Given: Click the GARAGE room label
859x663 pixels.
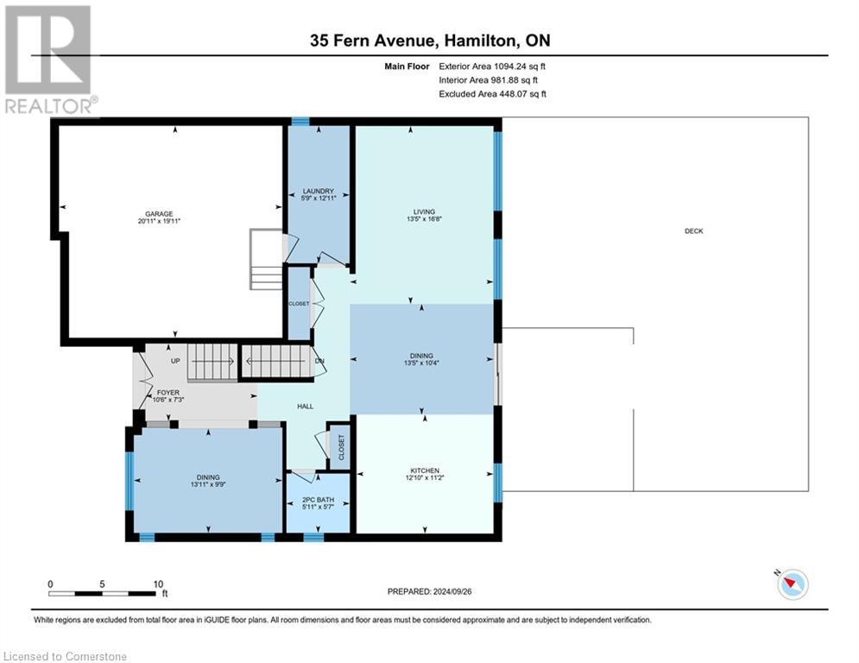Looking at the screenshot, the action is point(159,214).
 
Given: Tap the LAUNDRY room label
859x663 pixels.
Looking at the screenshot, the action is point(319,192).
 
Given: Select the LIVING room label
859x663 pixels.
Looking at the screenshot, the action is point(424,212).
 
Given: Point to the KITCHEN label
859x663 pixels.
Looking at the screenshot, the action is point(425,470).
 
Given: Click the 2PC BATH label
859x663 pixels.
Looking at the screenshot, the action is point(318,500).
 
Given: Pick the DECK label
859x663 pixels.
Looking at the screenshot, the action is point(693,231).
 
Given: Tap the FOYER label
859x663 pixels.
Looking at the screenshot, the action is point(168,393).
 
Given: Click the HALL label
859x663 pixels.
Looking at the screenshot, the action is point(305,407).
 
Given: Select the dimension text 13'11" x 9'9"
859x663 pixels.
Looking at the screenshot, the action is point(208,484).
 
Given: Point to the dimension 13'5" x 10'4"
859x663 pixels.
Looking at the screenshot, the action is point(421,363).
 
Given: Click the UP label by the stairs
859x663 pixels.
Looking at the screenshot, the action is point(175,361).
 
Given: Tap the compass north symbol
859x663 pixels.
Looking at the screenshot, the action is point(793,584).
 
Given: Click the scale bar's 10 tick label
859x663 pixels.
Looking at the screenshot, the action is point(158,584).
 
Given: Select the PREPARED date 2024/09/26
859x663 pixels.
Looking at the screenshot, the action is point(452,591).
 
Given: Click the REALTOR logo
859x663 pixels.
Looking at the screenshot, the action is point(49,60).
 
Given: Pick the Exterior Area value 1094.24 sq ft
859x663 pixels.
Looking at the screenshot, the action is point(520,66).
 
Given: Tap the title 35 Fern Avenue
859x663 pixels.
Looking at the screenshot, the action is point(373,41).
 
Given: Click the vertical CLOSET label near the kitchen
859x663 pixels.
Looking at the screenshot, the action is point(341,448).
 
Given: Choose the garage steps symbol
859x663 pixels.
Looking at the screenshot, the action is point(266,259).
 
